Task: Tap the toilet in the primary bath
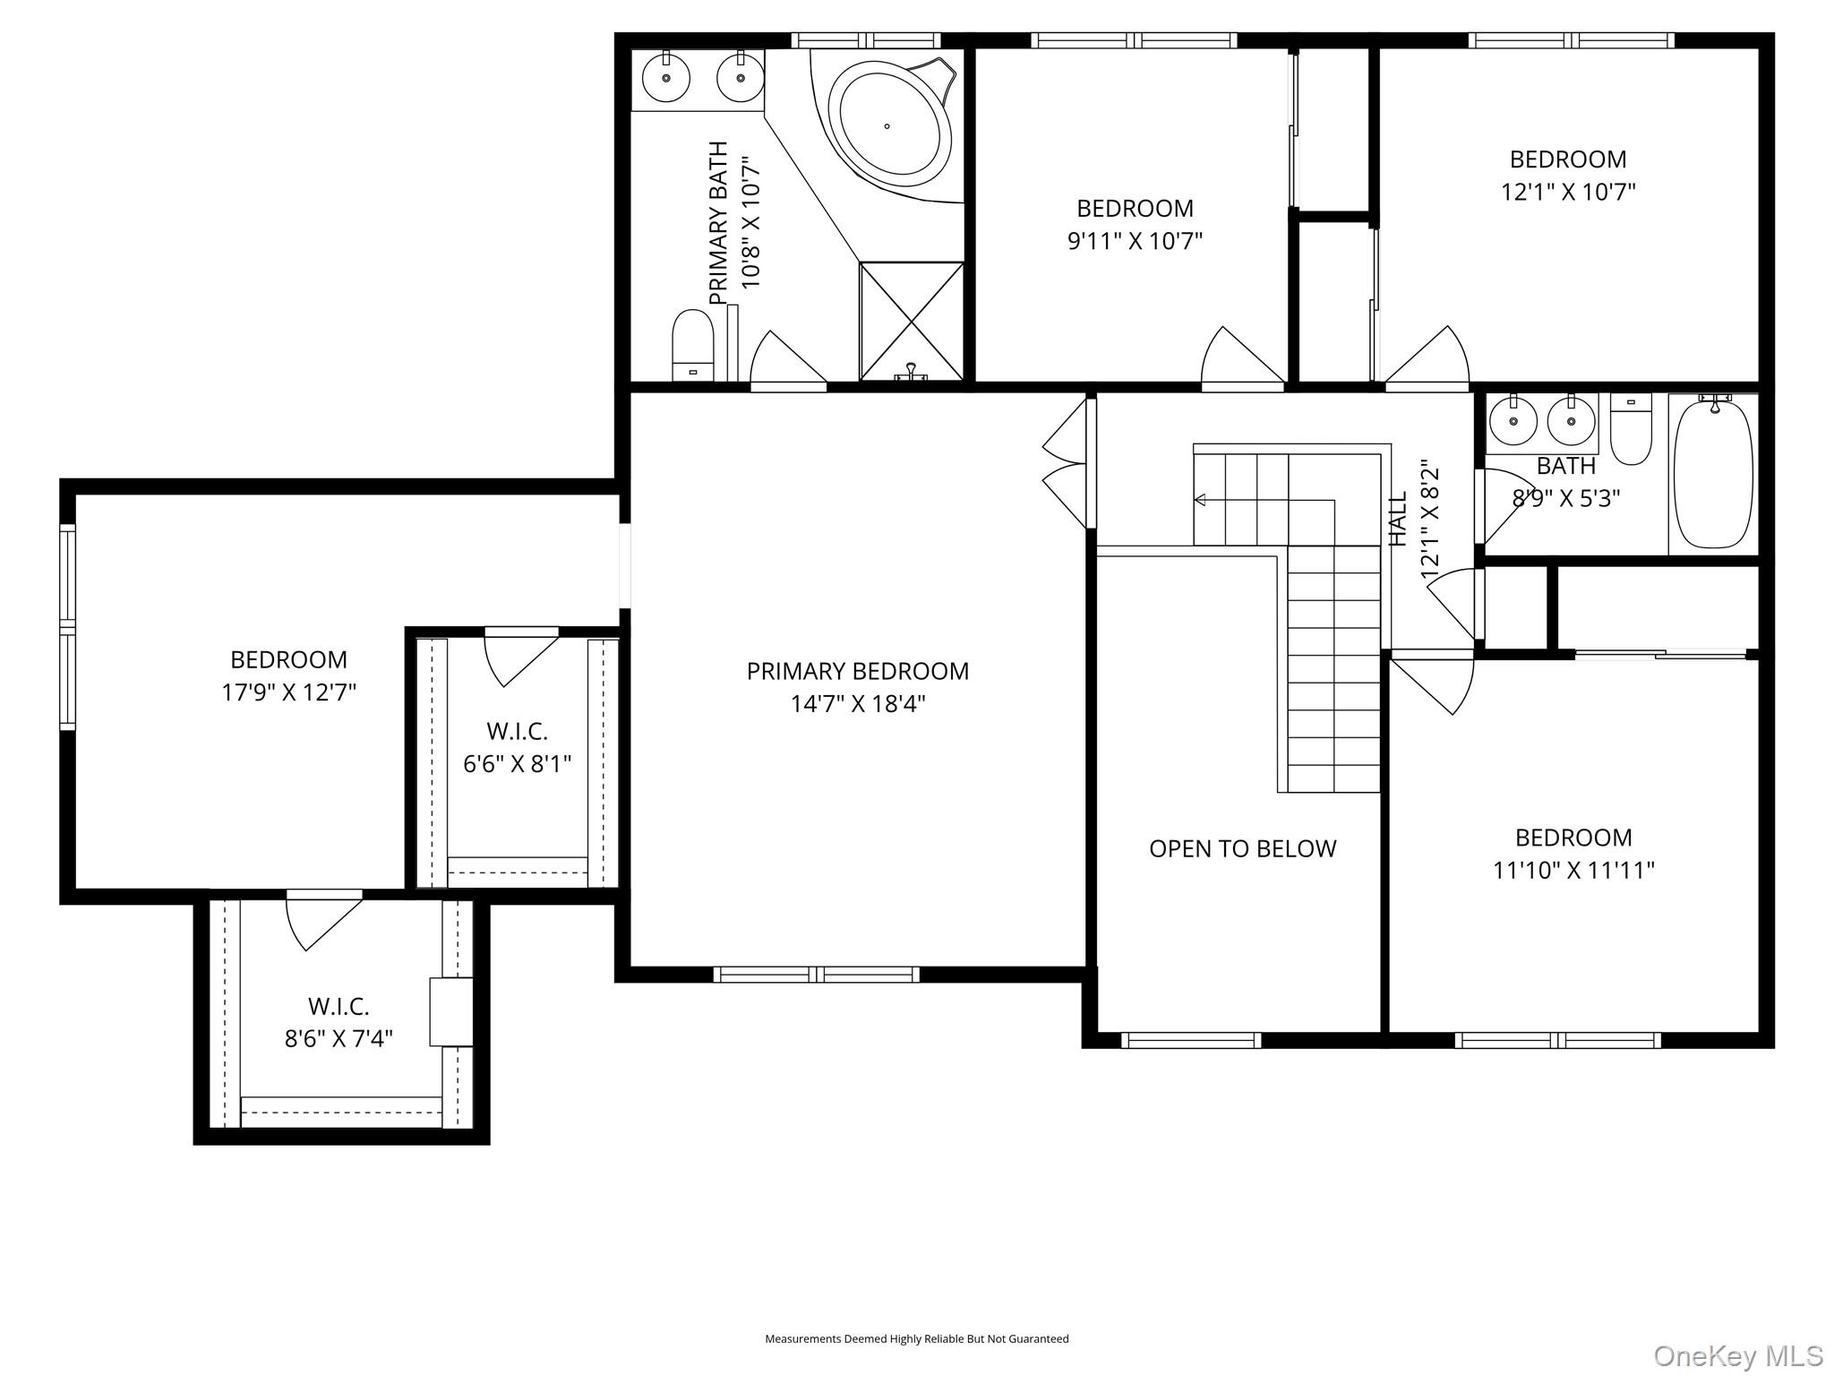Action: click(x=692, y=345)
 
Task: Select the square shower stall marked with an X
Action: click(x=911, y=320)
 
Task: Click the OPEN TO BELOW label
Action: click(x=1242, y=848)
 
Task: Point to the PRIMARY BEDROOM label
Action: click(x=857, y=671)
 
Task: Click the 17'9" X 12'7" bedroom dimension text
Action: click(x=288, y=692)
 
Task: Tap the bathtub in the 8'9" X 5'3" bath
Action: click(x=1712, y=473)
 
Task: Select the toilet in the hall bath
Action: click(x=1631, y=429)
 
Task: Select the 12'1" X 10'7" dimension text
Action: click(x=1568, y=192)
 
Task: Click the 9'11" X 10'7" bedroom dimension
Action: click(x=1135, y=241)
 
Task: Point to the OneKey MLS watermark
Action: click(x=1737, y=1355)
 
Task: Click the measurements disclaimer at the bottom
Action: click(x=916, y=1338)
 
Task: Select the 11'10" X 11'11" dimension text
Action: click(x=1573, y=870)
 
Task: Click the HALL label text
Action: click(x=1398, y=520)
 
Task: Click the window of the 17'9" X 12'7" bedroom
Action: click(x=68, y=627)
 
